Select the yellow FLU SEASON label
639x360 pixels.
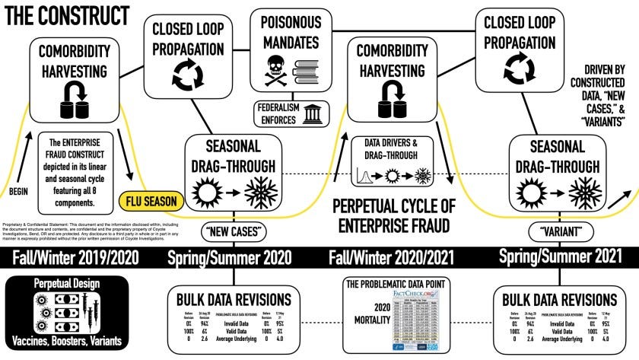coord(153,202)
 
